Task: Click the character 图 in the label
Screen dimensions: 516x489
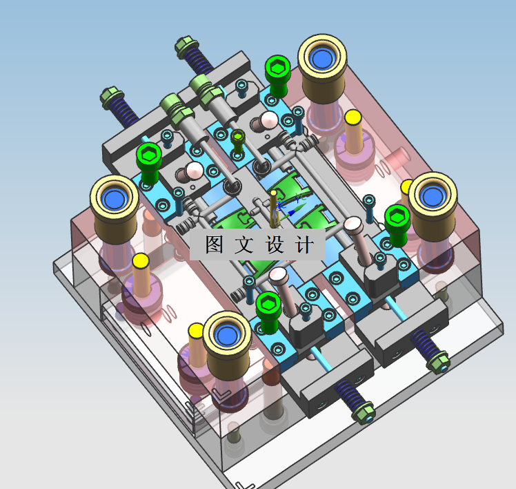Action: (215, 245)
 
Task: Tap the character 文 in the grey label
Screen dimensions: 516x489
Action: (244, 245)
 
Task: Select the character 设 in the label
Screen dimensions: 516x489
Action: (274, 245)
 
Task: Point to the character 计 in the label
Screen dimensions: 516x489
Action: (304, 245)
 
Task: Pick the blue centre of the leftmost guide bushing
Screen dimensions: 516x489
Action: (114, 199)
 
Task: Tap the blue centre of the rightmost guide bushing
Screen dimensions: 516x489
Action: (433, 196)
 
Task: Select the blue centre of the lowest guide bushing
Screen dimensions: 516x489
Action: (226, 335)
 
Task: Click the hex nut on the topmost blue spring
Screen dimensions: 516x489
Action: (186, 46)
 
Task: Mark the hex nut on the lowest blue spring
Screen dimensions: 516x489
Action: (363, 412)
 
